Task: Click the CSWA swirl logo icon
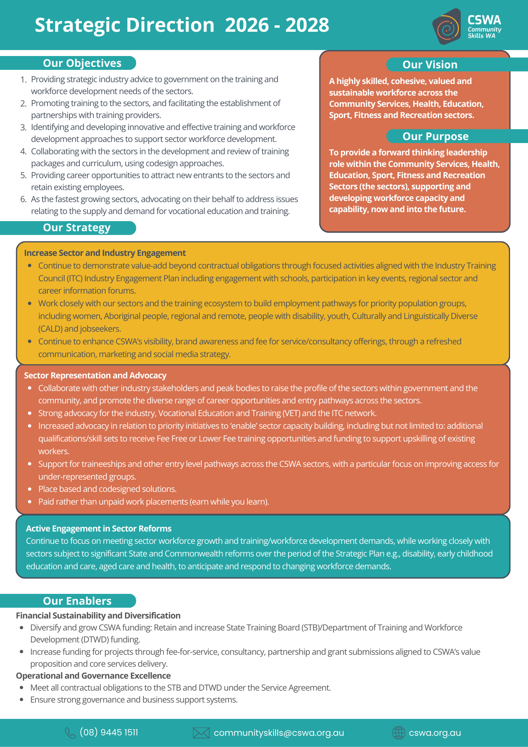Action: click(x=447, y=27)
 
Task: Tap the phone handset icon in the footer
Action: click(x=70, y=733)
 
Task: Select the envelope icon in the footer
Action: click(x=201, y=733)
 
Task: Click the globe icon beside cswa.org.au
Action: click(x=398, y=733)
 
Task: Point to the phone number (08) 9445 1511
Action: click(x=109, y=732)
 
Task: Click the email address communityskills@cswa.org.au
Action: click(x=279, y=733)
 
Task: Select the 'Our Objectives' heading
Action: click(x=82, y=63)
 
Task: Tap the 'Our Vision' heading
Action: click(x=430, y=65)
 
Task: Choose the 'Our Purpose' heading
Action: click(x=435, y=136)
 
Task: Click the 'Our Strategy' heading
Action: click(x=77, y=227)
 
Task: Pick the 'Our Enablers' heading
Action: click(x=77, y=601)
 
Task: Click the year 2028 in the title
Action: click(x=307, y=25)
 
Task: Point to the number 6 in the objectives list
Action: click(x=23, y=199)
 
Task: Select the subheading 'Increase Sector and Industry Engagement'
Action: click(x=105, y=253)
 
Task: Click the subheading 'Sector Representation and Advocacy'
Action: click(x=95, y=375)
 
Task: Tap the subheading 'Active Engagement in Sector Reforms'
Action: click(x=99, y=529)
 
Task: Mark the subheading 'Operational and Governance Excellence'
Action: click(x=93, y=676)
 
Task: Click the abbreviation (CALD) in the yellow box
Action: click(x=50, y=329)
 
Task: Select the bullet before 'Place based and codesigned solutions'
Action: click(x=30, y=489)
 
